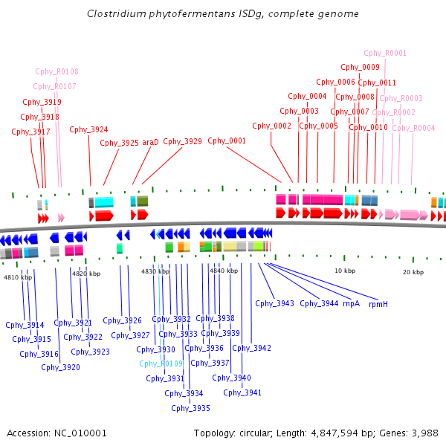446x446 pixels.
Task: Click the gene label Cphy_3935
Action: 190,408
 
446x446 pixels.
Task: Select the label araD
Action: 150,142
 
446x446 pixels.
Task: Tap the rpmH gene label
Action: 378,304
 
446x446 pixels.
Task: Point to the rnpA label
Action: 352,304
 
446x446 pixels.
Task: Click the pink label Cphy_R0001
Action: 385,54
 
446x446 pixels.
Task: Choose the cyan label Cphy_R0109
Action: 161,363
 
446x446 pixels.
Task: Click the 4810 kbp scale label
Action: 18,277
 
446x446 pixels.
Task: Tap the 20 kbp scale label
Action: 413,272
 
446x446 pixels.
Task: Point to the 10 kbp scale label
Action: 345,271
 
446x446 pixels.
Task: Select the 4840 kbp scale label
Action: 224,271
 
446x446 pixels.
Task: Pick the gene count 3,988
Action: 425,433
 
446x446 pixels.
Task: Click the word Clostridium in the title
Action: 117,13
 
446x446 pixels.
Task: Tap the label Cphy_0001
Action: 227,140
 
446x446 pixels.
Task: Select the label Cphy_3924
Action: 88,129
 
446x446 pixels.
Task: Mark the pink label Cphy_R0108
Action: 57,71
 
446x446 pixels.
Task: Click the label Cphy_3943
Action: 274,303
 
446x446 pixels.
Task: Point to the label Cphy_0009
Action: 360,67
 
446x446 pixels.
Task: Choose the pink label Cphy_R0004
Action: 413,129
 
